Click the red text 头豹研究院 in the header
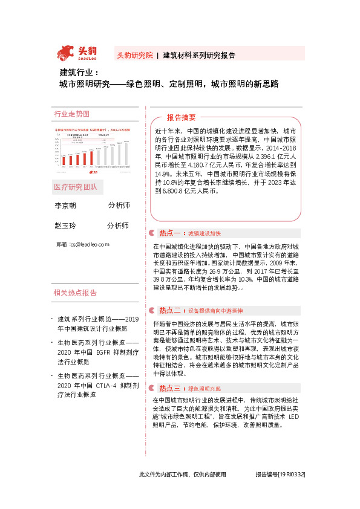[x=134, y=55]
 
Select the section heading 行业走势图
[x=72, y=114]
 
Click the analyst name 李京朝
[x=65, y=206]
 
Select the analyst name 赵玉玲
[x=65, y=225]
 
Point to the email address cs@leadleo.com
[x=90, y=244]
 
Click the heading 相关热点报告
[x=75, y=293]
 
